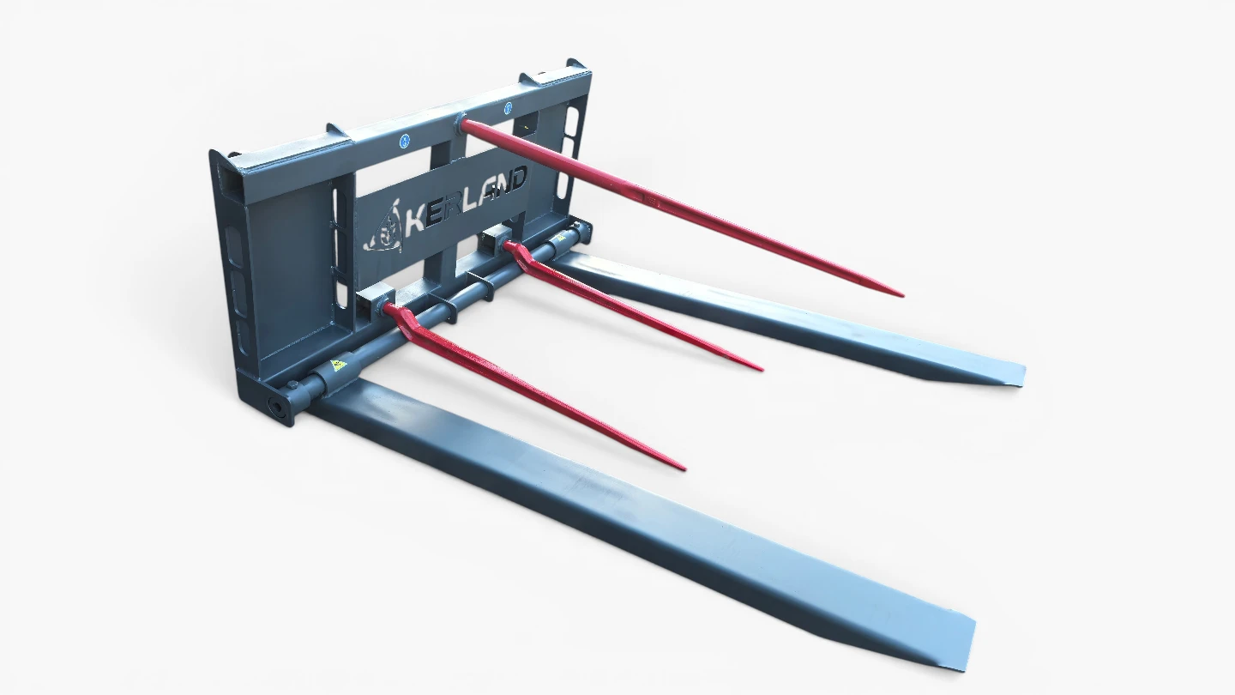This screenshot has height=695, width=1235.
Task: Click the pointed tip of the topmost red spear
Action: (902, 295)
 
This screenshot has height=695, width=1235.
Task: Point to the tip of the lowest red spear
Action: (684, 468)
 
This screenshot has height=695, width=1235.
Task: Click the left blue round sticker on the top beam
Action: (404, 142)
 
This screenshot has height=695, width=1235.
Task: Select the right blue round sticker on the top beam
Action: (508, 109)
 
